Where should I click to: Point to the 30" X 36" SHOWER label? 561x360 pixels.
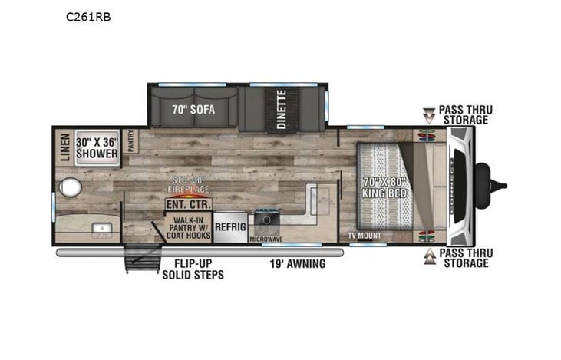click(96, 147)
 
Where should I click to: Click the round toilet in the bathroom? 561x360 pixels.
click(73, 187)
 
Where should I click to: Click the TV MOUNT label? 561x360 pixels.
click(365, 236)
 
